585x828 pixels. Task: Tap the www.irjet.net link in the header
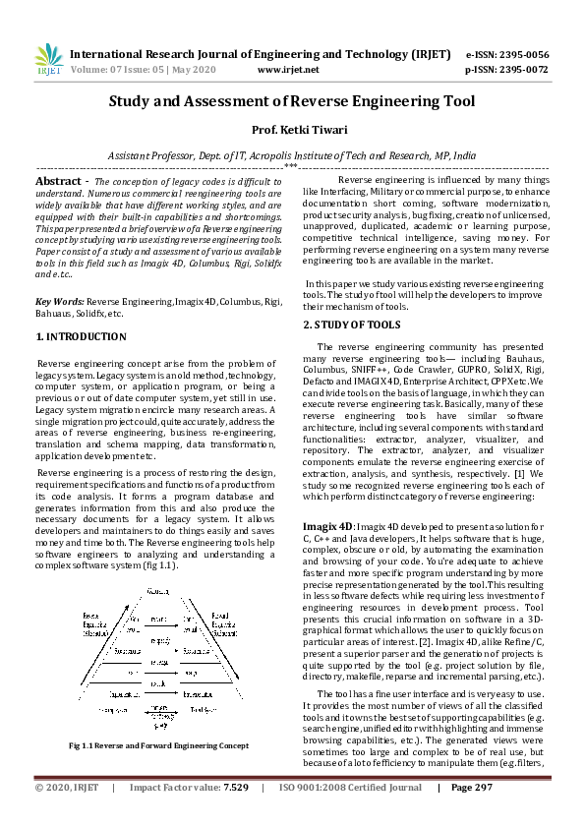coord(288,71)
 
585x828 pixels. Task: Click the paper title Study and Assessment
coord(292,101)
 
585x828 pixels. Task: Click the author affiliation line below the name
coord(292,155)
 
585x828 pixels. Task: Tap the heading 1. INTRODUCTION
coord(81,336)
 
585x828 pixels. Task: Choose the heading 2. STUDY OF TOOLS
coord(351,324)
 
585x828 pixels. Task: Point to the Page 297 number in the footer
coord(472,815)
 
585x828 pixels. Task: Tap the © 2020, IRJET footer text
coord(67,815)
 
